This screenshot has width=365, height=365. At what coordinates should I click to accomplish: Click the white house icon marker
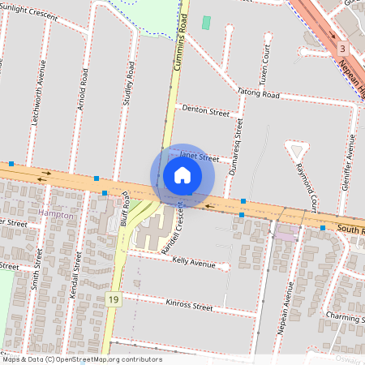click(182, 175)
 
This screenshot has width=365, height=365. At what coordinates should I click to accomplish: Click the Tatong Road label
click(259, 95)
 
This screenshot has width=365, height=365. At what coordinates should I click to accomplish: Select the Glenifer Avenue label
click(350, 162)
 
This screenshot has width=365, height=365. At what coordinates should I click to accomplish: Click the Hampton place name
click(56, 216)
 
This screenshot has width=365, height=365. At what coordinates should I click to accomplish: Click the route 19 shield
click(113, 299)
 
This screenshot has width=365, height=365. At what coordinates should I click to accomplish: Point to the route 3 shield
click(343, 49)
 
